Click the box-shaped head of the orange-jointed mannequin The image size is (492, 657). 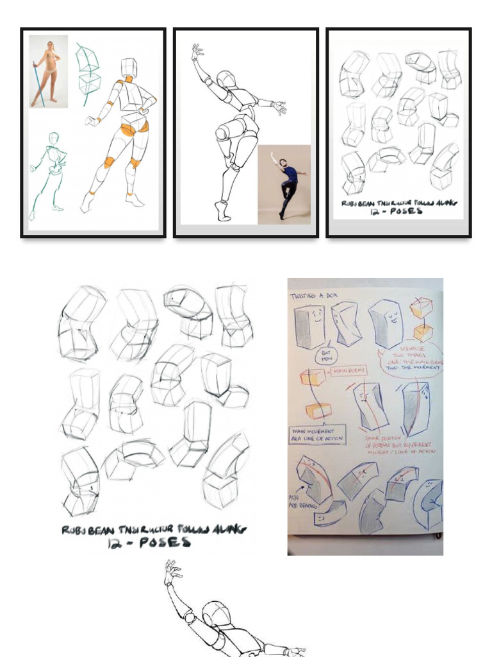point(129,67)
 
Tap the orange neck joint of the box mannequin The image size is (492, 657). point(129,80)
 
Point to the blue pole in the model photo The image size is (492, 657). point(37,83)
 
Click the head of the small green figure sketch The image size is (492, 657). point(54,138)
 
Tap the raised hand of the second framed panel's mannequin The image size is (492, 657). point(197,51)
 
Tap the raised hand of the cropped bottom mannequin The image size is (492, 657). point(171,571)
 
